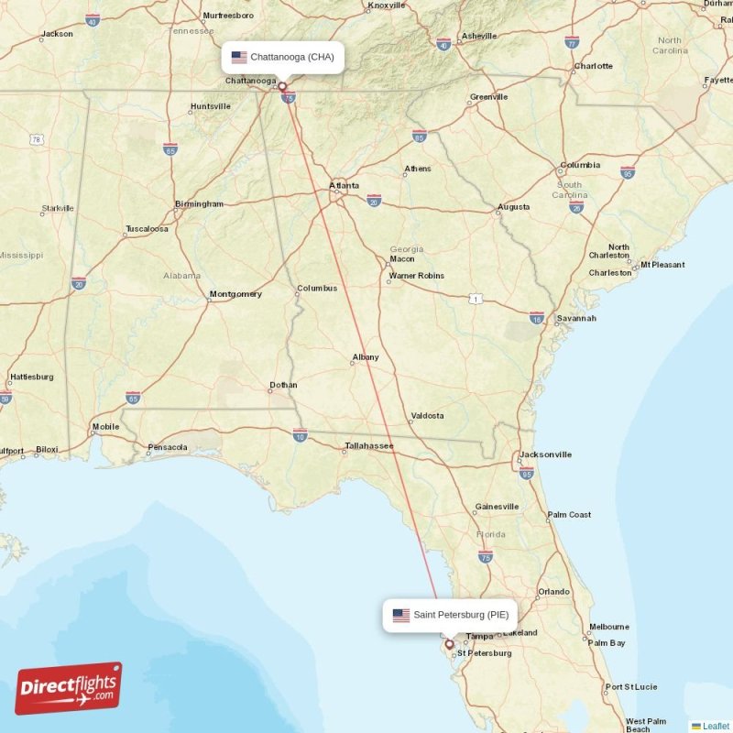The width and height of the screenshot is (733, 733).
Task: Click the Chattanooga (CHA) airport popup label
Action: [x=283, y=57]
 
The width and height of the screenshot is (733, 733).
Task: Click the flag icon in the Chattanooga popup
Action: [x=239, y=57]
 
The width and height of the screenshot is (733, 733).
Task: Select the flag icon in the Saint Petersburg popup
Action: [x=400, y=615]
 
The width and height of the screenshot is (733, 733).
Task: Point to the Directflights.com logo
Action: [x=69, y=688]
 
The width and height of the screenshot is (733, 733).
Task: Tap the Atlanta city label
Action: [x=345, y=186]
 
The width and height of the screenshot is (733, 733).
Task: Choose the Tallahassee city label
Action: [x=368, y=446]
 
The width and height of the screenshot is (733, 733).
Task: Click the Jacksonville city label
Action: [x=545, y=454]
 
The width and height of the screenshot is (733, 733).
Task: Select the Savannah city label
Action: [x=576, y=318]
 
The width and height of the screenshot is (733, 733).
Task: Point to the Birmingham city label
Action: [x=199, y=203]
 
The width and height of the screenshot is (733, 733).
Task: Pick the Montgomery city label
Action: [x=235, y=294]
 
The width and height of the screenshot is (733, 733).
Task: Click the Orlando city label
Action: [x=554, y=592]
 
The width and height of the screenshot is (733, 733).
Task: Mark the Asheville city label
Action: [x=478, y=36]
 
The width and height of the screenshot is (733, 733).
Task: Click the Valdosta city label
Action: [x=427, y=416]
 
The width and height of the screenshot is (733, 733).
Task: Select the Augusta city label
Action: [x=513, y=207]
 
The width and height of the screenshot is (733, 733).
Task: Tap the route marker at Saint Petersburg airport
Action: [x=448, y=644]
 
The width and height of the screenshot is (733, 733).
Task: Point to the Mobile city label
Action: [x=105, y=427]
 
